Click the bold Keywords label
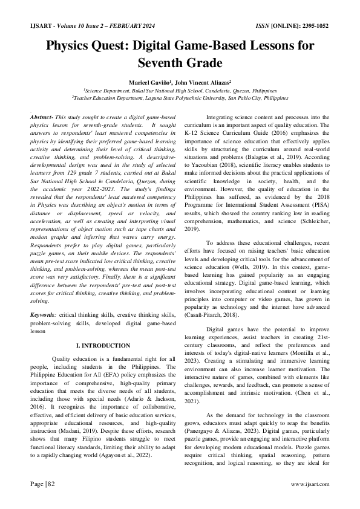pos(45,316)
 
